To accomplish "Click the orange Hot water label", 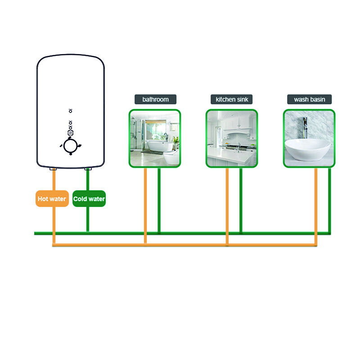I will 52,199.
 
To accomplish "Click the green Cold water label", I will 89,199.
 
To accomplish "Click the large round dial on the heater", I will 71,146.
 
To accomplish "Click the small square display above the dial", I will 71,133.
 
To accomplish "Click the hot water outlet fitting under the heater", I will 53,169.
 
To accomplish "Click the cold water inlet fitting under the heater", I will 88,169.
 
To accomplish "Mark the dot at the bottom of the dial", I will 71,154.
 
